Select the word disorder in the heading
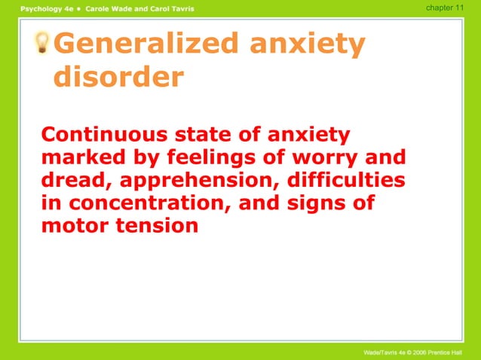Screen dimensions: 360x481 pos(118,77)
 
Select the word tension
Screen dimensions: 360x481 pos(157,225)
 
